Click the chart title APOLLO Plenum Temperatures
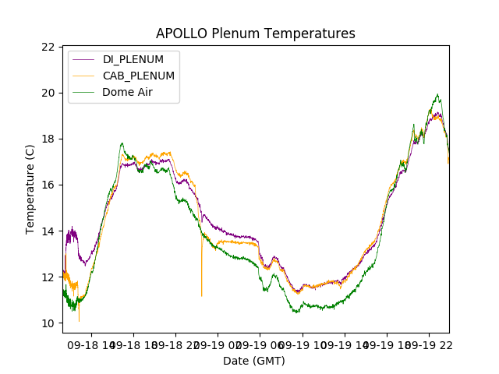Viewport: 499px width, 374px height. tap(255, 34)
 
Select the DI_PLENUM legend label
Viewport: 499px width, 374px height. tap(133, 60)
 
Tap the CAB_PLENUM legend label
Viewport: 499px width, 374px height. tap(139, 76)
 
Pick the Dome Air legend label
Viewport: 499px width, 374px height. tap(128, 92)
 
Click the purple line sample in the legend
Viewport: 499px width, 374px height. tap(83, 60)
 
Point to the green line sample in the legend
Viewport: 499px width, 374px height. tap(83, 92)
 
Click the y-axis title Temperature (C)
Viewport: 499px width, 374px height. tap(30, 189)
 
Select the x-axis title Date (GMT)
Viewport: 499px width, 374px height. tap(254, 361)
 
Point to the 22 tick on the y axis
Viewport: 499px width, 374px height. tap(48, 47)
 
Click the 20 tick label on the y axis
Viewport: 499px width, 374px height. tap(48, 93)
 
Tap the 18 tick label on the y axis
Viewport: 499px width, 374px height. tap(48, 139)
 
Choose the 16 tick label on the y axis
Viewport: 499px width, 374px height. tap(48, 185)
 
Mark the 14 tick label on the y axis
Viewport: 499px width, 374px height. tap(48, 231)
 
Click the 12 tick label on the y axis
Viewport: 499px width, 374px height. tap(48, 277)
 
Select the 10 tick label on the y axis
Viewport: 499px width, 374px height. tap(48, 323)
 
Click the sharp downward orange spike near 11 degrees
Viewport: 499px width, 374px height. tap(201, 295)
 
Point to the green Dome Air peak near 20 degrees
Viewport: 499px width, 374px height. tap(437, 95)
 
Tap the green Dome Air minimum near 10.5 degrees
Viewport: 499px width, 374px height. tap(296, 312)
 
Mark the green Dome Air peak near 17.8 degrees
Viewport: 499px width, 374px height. tap(122, 143)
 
